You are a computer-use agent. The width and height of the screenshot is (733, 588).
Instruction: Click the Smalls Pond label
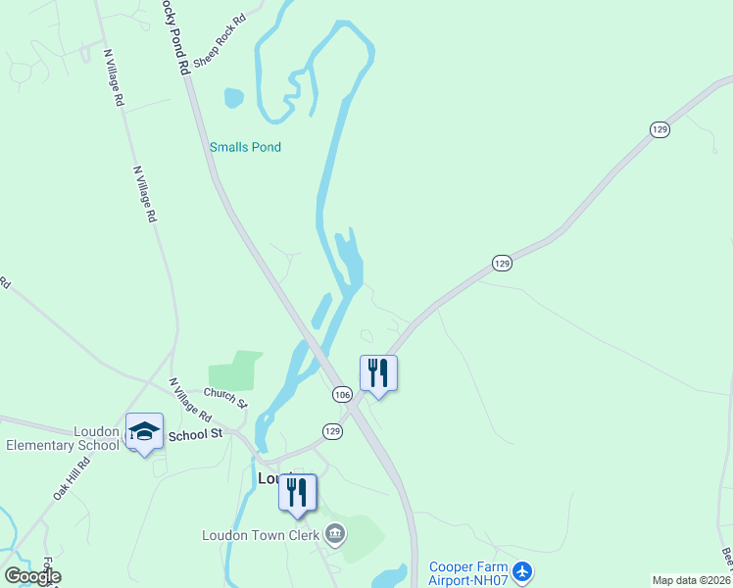(x=245, y=147)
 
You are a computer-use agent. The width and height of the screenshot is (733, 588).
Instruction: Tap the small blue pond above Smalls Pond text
(x=233, y=98)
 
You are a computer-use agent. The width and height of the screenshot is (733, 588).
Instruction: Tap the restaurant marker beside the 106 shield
(x=378, y=373)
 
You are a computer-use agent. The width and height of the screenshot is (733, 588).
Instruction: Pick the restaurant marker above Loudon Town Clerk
(x=298, y=492)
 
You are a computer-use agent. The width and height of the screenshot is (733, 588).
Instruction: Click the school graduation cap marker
(x=144, y=431)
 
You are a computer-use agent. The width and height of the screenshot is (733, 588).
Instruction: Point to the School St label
(x=196, y=433)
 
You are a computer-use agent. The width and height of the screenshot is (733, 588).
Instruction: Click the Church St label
(x=225, y=397)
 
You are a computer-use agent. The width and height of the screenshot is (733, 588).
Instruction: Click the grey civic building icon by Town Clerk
(x=334, y=534)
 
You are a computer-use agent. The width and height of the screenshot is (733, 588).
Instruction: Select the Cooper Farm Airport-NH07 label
(x=469, y=573)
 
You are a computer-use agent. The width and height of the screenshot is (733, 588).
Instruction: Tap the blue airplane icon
(x=522, y=569)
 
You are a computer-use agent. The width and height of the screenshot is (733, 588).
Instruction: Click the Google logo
(x=32, y=576)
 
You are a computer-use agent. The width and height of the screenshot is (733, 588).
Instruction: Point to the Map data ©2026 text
(x=691, y=580)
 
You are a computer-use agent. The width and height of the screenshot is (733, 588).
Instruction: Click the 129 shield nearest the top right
(x=659, y=129)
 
